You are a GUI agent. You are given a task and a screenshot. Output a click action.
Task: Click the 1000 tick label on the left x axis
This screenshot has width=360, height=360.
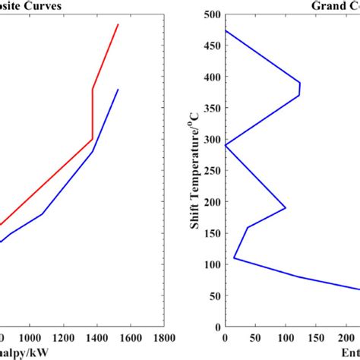click(x=30, y=336)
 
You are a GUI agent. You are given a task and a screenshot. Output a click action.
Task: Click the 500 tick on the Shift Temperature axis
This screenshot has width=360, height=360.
click(x=213, y=14)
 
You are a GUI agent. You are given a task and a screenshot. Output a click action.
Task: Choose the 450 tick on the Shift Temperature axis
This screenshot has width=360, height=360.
click(x=213, y=45)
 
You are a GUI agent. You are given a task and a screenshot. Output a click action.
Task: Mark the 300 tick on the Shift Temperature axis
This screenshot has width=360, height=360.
click(x=213, y=139)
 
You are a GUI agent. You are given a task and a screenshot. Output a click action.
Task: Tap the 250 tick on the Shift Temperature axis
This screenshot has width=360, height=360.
click(x=213, y=170)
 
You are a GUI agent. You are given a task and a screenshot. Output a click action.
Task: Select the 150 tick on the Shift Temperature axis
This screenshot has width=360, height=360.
click(x=213, y=233)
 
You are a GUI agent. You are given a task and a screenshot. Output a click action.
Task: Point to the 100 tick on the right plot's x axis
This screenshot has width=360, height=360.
click(x=286, y=336)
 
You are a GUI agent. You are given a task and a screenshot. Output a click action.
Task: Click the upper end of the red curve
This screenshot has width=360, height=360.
click(x=118, y=24)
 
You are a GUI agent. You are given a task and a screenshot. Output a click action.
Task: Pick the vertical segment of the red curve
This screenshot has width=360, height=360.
click(x=93, y=114)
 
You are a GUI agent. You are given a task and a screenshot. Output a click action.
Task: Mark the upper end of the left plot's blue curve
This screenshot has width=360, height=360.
click(x=118, y=90)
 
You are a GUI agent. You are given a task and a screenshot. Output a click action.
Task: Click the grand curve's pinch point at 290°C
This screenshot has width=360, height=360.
click(x=226, y=145)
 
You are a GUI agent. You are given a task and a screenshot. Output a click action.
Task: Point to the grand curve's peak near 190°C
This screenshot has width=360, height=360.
click(x=286, y=207)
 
